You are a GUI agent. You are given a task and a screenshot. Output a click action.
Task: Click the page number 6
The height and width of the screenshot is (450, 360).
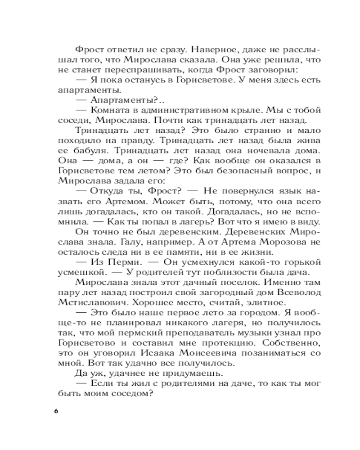(56, 412)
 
